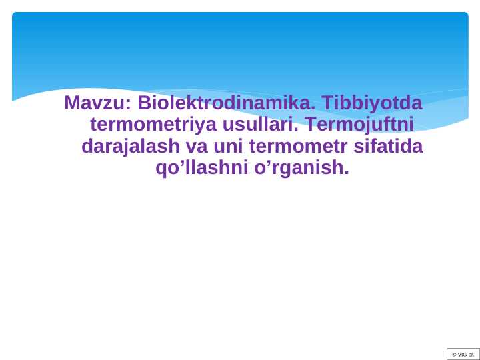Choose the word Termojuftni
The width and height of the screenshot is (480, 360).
pyautogui.click(x=361, y=125)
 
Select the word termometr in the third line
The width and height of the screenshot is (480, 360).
pyautogui.click(x=296, y=146)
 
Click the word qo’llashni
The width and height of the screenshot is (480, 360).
pyautogui.click(x=201, y=168)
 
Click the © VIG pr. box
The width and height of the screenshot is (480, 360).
pyautogui.click(x=463, y=354)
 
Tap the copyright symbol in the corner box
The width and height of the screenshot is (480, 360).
pyautogui.click(x=453, y=354)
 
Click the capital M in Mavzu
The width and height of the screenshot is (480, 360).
pyautogui.click(x=72, y=104)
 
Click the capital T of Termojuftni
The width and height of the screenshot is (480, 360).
pyautogui.click(x=311, y=125)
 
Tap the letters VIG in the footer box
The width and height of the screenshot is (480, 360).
pyautogui.click(x=462, y=354)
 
